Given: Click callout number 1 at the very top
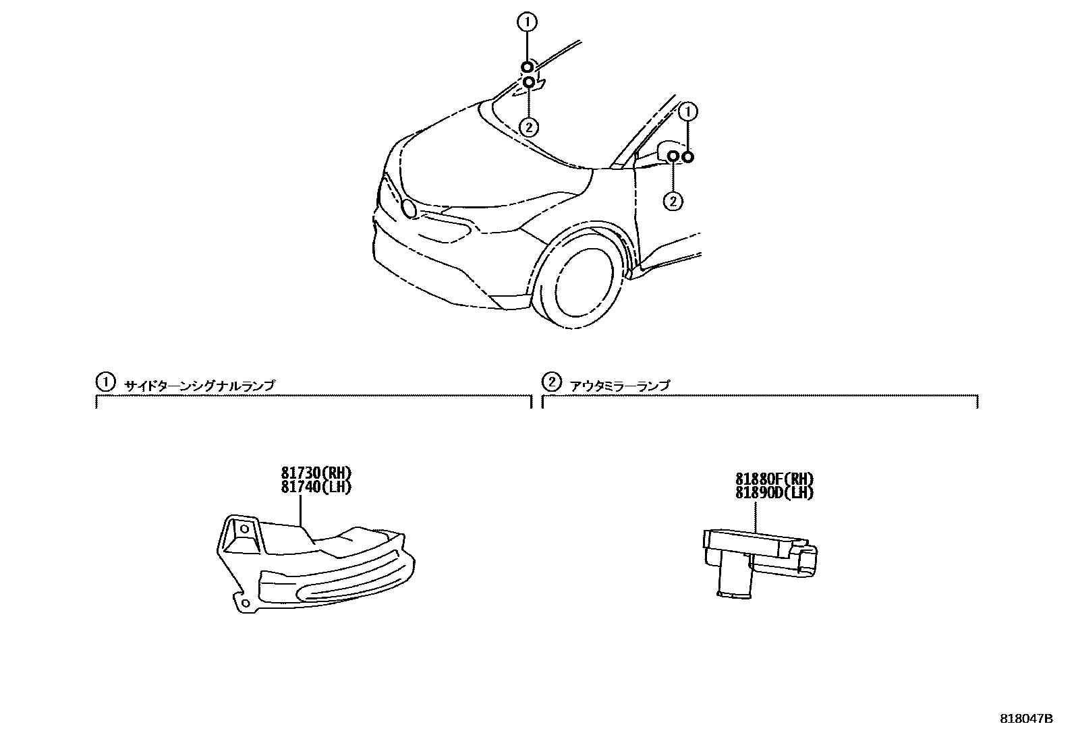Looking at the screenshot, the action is (527, 22).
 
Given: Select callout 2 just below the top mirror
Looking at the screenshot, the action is (529, 126).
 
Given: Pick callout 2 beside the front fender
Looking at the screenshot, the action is (673, 200).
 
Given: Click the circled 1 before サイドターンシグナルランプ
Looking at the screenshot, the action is (105, 382).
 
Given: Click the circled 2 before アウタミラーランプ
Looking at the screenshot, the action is (551, 382).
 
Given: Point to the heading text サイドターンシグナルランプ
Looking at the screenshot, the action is (200, 386).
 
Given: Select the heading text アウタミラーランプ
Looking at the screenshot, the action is (620, 386).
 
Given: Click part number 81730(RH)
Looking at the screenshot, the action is (317, 473).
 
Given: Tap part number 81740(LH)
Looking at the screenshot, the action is (317, 486).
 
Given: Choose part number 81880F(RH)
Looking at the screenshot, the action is (774, 479).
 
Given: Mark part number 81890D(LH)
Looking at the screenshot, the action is (774, 492).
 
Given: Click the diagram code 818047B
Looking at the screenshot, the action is (1025, 719).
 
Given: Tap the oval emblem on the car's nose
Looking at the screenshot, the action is (409, 208).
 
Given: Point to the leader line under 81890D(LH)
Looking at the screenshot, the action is (756, 516).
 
